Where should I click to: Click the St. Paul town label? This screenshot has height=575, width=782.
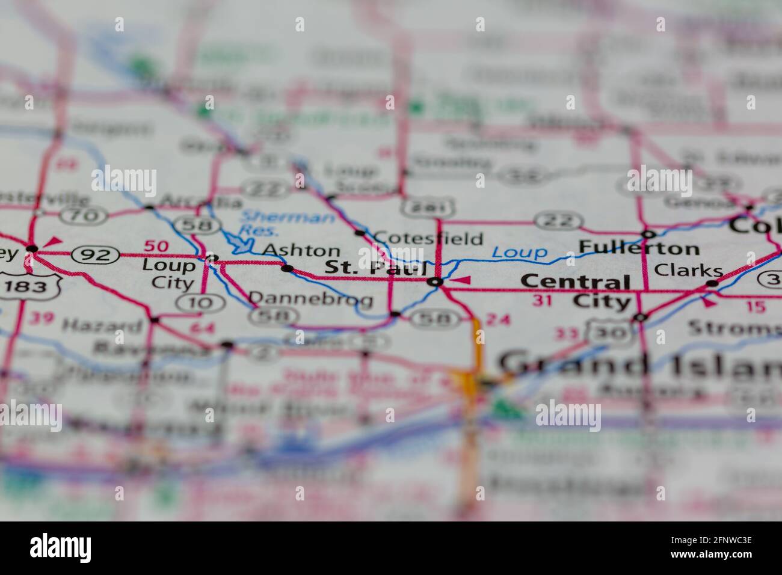(x=375, y=268)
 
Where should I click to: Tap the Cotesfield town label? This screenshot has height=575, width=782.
(x=428, y=238)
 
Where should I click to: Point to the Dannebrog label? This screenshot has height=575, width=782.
(x=310, y=298)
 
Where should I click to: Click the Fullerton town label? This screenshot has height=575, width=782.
(x=639, y=248)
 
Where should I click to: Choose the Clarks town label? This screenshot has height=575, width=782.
(x=688, y=270)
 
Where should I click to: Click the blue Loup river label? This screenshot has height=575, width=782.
(x=520, y=253)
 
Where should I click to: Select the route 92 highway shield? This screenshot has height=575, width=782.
(x=95, y=255)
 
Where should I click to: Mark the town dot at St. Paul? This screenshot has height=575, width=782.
(x=436, y=281)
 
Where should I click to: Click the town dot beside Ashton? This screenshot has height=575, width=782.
(x=287, y=268)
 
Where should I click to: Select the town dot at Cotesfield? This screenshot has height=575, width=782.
(x=360, y=233)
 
